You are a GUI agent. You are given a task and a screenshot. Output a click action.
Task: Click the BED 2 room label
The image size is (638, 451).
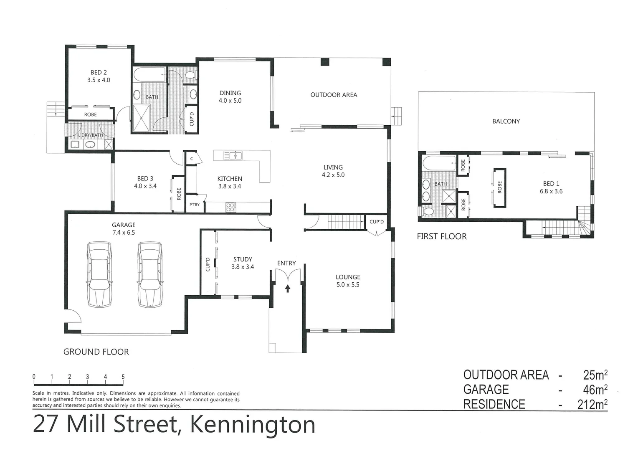[99, 76]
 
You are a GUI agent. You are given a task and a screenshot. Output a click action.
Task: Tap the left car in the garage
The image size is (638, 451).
[99, 274]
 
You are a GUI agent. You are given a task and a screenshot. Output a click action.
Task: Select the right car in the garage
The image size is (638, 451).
[150, 274]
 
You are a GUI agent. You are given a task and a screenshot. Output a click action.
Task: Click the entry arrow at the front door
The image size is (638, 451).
[287, 288]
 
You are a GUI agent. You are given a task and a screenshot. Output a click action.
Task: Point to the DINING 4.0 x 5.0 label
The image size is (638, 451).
[230, 97]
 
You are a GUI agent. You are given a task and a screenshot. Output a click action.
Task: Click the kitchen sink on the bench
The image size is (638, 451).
[232, 156]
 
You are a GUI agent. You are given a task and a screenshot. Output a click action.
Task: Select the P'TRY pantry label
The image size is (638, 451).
[195, 205]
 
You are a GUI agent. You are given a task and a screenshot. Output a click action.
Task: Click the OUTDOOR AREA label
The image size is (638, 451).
[334, 95]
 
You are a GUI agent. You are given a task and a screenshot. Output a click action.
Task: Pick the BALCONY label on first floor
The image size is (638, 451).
[506, 122]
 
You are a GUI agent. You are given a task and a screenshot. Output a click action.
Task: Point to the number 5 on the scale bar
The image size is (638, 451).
[123, 377]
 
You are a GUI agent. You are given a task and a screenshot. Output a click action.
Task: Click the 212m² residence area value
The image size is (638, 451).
[592, 404]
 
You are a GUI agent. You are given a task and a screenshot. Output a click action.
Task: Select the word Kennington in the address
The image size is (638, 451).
[253, 425]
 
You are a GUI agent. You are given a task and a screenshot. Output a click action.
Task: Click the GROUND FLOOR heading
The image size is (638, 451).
[96, 352]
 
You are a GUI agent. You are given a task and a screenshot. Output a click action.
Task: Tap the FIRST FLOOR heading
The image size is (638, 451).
[441, 237]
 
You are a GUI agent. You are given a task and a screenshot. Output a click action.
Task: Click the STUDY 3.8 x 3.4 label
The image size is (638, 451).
[243, 263]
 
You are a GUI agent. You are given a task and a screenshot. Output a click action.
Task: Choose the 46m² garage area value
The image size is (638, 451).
[595, 390]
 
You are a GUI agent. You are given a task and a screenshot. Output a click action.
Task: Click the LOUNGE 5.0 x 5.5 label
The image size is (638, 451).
[348, 281]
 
